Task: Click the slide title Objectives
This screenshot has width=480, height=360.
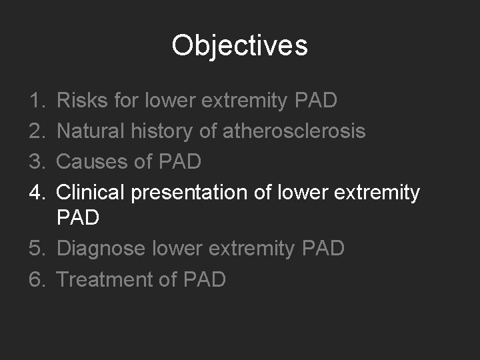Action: click(239, 46)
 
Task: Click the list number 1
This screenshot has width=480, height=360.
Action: click(37, 101)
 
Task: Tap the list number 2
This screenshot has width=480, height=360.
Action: click(37, 131)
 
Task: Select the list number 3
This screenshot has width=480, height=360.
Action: click(37, 162)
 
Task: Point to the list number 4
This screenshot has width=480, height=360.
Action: click(37, 193)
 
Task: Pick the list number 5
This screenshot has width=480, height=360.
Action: click(37, 249)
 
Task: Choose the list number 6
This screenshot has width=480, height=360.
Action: click(37, 279)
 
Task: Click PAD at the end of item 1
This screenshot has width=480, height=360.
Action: click(315, 101)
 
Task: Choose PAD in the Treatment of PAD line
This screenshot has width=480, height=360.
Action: click(203, 279)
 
